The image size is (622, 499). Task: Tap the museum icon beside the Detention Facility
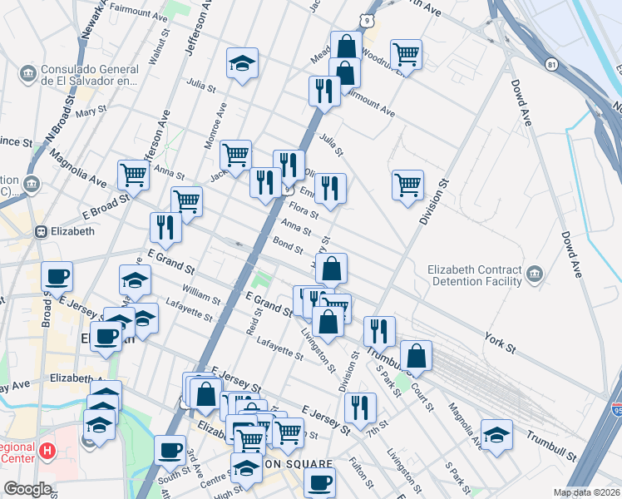pos(533,273)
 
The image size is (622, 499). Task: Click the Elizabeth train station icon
pos(39,231)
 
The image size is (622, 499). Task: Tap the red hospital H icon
pos(47,452)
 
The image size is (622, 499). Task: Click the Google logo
pos(27,489)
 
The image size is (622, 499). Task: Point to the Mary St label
pos(91,111)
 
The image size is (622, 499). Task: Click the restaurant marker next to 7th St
pos(360,407)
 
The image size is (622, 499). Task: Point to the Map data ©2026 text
pos(587,492)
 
